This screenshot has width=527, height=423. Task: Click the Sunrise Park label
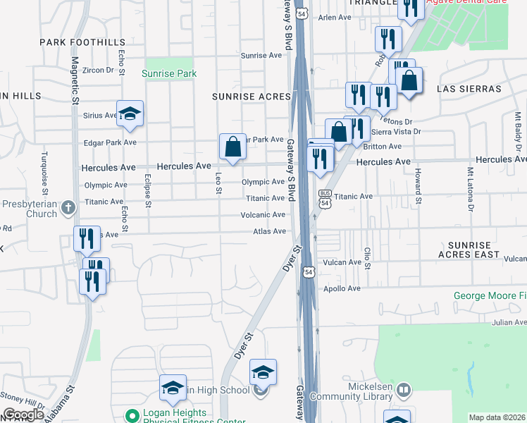click(168, 73)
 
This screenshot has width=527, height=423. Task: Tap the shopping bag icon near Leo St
click(232, 147)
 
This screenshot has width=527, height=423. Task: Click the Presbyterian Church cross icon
click(68, 207)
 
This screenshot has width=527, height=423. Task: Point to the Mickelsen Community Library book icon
click(403, 389)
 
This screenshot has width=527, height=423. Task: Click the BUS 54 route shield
click(325, 198)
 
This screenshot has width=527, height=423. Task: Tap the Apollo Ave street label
click(342, 288)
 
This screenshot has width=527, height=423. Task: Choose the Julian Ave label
click(509, 322)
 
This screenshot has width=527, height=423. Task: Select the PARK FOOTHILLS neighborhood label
click(82, 42)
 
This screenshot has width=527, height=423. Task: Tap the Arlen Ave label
click(334, 18)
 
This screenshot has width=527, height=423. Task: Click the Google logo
click(23, 415)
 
